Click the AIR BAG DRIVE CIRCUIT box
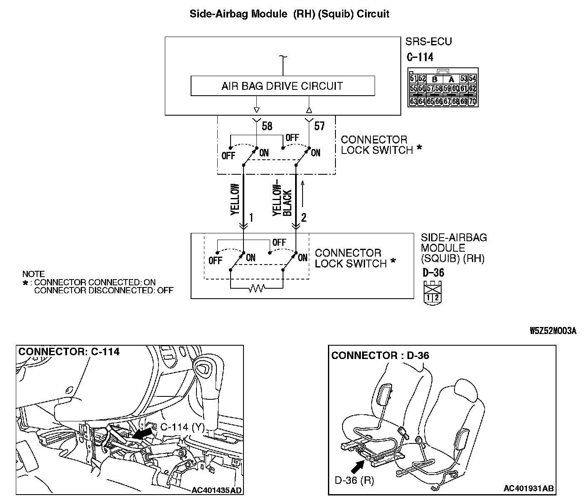click(x=282, y=86)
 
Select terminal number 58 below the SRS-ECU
click(x=267, y=126)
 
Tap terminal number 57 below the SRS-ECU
click(x=319, y=126)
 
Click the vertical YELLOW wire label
click(x=235, y=200)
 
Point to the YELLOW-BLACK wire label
click(x=282, y=200)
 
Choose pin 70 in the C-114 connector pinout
click(x=473, y=101)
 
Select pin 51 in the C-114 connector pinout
click(x=413, y=79)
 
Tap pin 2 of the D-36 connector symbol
click(x=435, y=297)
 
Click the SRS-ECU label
click(x=428, y=42)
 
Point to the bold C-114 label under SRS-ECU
click(x=420, y=57)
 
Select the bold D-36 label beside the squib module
click(x=433, y=273)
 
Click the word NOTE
click(x=33, y=274)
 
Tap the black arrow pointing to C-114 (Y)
click(x=142, y=434)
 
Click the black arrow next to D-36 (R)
click(x=356, y=468)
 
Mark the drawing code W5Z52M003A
click(x=553, y=331)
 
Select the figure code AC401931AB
click(x=529, y=488)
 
